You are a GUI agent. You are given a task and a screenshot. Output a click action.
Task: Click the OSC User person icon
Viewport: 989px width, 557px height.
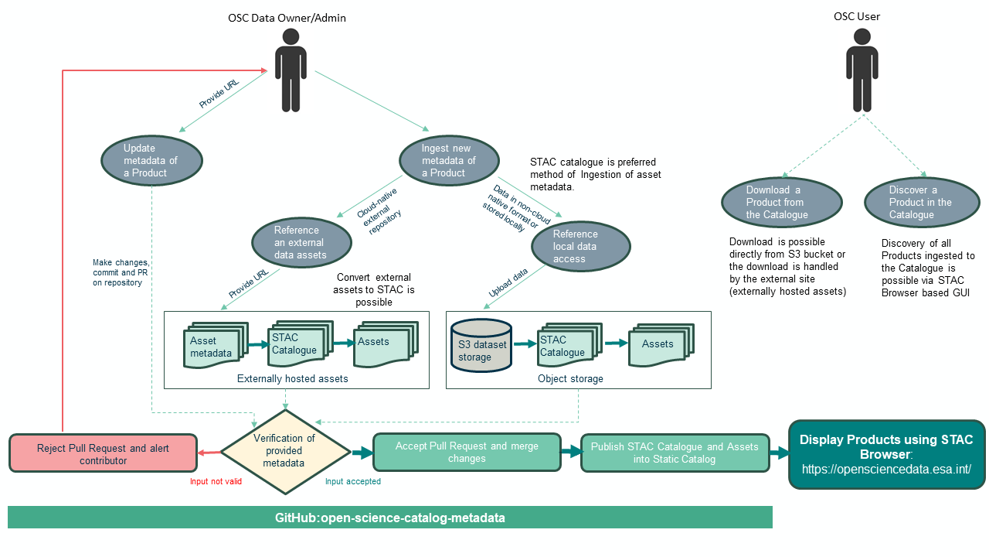(862, 71)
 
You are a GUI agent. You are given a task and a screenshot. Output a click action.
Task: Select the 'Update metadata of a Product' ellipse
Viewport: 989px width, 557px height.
(151, 161)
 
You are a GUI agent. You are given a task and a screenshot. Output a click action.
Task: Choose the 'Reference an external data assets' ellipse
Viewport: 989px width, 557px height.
(301, 242)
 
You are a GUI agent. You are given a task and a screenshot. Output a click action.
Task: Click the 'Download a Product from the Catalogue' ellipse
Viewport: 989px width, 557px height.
(775, 203)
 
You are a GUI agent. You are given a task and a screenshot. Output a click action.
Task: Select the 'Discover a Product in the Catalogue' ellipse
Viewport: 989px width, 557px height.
(921, 203)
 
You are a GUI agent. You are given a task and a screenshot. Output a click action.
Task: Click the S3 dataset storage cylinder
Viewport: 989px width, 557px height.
(481, 345)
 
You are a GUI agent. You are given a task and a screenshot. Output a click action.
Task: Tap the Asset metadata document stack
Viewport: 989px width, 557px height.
(213, 346)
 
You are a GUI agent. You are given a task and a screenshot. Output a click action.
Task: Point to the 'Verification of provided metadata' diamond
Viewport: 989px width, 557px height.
(285, 451)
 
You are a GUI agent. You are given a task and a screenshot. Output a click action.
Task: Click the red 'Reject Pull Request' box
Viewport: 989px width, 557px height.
(103, 454)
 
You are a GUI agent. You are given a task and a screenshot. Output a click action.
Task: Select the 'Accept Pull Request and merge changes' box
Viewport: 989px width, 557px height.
(467, 453)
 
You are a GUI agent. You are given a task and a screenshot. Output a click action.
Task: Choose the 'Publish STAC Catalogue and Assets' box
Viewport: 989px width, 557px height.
(675, 453)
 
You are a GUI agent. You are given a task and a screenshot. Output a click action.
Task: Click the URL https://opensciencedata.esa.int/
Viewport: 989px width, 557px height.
(886, 469)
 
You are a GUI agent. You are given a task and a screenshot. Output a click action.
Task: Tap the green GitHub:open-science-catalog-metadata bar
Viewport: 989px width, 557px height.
(390, 518)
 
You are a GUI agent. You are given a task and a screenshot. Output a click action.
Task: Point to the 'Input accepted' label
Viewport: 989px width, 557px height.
(353, 481)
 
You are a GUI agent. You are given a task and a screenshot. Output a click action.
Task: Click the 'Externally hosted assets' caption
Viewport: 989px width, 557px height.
(292, 378)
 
